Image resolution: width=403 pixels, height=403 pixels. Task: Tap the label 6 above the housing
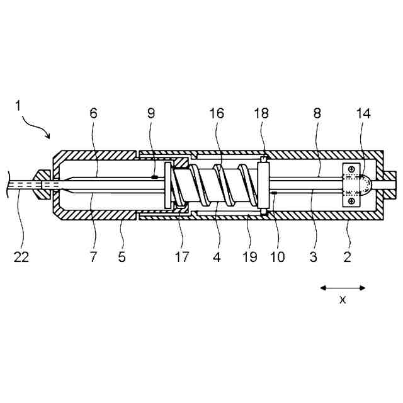94,113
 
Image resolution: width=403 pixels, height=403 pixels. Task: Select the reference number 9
150,113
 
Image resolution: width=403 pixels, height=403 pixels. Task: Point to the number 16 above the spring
217,113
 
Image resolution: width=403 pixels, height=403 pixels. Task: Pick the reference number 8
317,113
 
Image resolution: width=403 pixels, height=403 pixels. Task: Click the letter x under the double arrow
343,300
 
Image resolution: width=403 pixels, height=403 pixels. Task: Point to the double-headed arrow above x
343,288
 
